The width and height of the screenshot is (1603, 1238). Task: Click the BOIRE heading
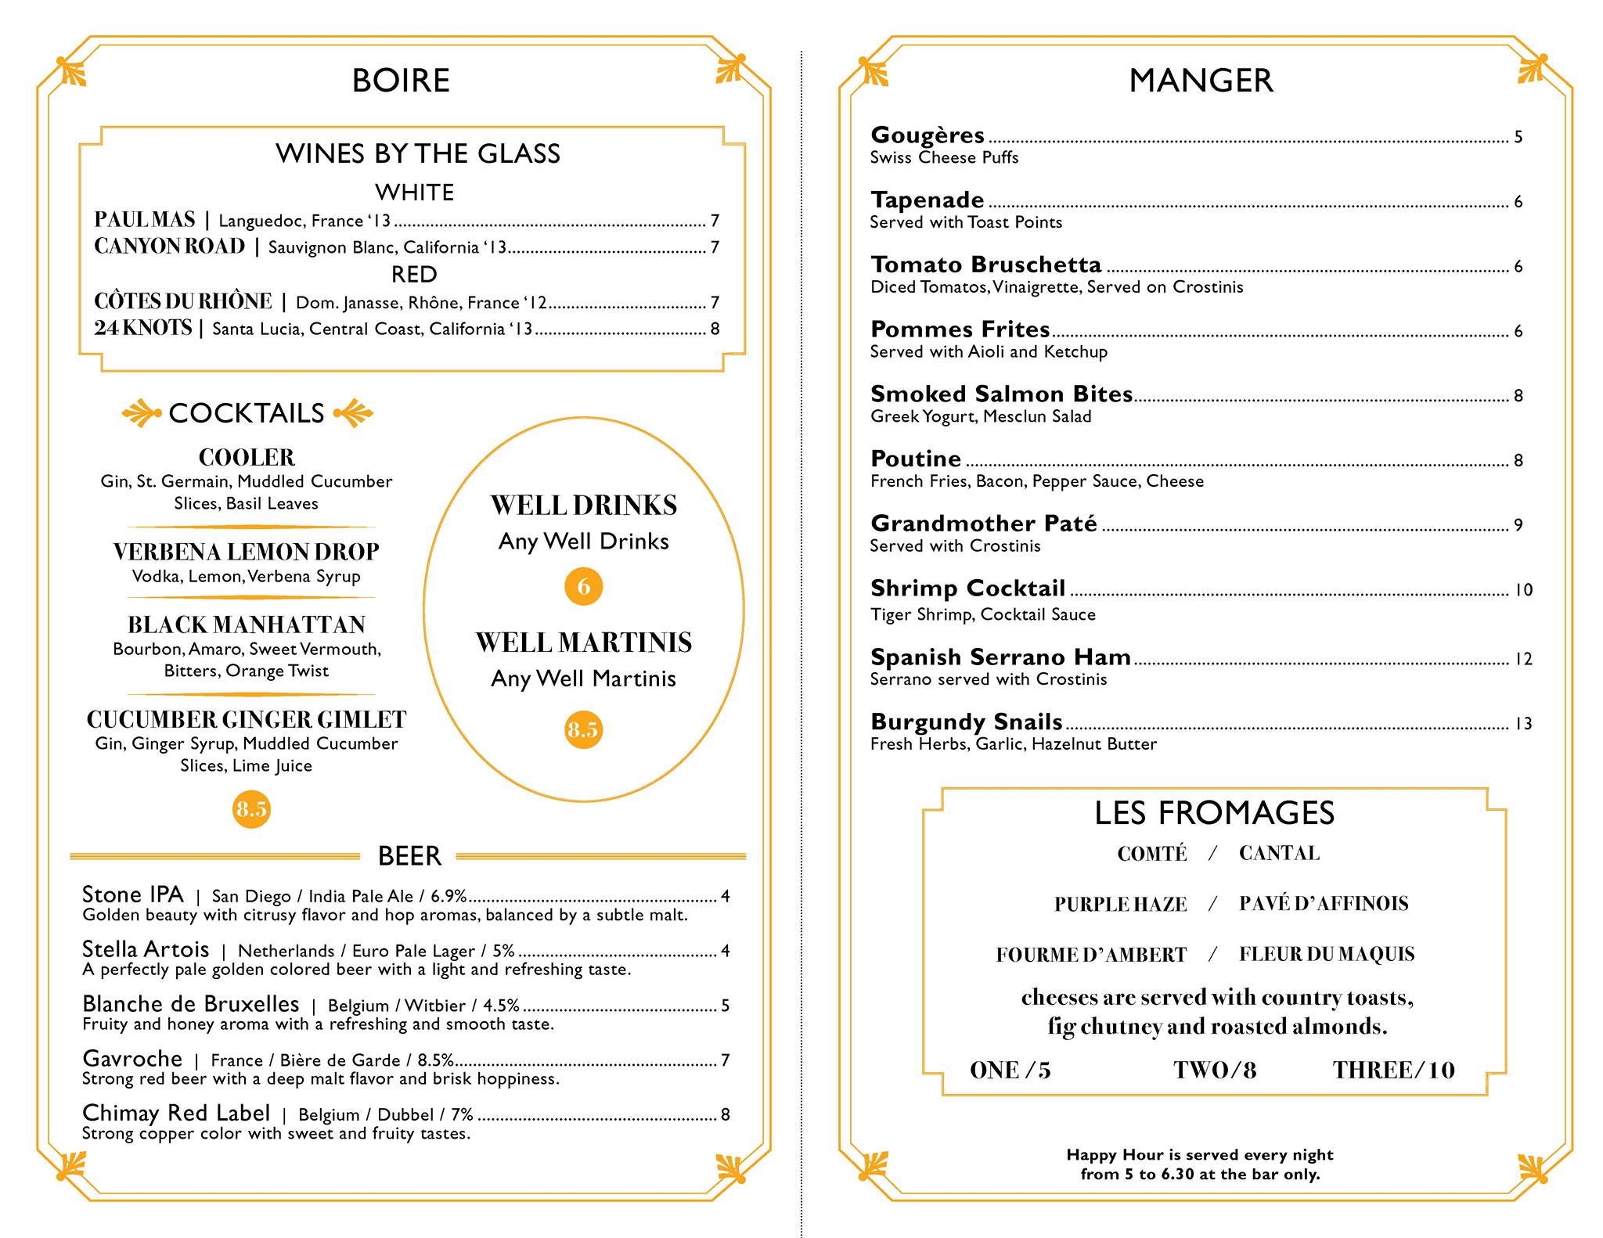[401, 81]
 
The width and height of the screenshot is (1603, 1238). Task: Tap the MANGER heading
[1201, 81]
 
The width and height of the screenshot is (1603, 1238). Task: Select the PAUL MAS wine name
[144, 220]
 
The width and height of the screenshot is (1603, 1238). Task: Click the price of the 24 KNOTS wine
[715, 329]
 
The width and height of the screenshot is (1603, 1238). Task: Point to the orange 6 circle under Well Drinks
[583, 586]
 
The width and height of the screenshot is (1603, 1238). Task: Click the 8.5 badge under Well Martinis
[582, 729]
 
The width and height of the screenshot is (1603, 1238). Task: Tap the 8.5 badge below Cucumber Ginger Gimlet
[251, 808]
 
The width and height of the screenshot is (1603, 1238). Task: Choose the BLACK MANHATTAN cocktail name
[247, 624]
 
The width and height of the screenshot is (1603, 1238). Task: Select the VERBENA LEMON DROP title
[246, 552]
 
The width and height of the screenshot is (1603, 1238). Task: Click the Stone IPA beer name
[132, 894]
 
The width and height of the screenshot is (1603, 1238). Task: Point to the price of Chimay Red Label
[725, 1114]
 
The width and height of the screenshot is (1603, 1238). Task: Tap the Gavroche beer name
[131, 1059]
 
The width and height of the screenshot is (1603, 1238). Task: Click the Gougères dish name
[928, 135]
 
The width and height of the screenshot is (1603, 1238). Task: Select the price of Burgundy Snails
[1522, 724]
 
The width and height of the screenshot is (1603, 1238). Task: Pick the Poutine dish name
[916, 459]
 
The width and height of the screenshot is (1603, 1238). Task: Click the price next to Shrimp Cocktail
[1523, 590]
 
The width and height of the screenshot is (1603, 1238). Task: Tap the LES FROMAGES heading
[1214, 813]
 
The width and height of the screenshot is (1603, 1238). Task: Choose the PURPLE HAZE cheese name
[1120, 905]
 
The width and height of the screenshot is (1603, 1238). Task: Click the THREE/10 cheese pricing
[1393, 1070]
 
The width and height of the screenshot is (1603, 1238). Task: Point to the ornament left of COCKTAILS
[142, 413]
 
